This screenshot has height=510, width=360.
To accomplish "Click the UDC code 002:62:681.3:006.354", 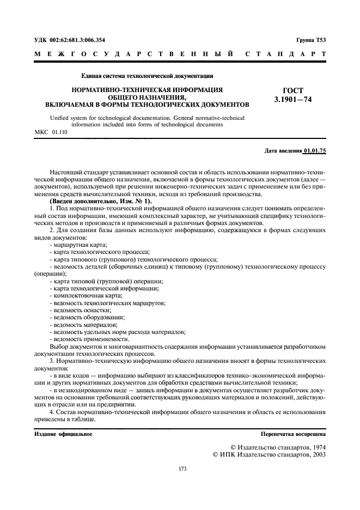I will (x=78, y=40).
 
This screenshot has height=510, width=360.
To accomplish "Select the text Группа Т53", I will (x=311, y=40).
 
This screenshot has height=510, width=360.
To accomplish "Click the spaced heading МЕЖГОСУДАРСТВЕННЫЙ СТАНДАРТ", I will (x=180, y=54).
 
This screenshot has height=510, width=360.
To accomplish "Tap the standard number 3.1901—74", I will (x=294, y=99).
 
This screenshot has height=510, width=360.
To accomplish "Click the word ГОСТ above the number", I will (x=294, y=90).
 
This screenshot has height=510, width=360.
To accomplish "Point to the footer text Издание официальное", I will (x=63, y=434).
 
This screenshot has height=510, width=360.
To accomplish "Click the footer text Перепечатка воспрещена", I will (x=293, y=434).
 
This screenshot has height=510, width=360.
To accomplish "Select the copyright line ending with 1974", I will (x=278, y=446).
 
